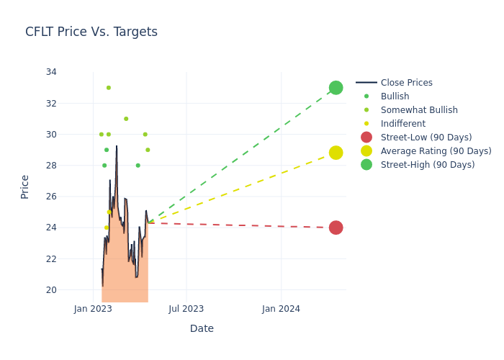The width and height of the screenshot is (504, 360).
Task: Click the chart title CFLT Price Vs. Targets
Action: coord(91,32)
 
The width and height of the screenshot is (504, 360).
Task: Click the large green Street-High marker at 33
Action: coord(336,88)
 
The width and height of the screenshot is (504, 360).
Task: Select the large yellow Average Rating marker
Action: coord(336,153)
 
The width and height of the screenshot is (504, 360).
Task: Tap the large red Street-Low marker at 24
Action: coord(336,228)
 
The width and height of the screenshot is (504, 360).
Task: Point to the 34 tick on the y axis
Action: coord(51,72)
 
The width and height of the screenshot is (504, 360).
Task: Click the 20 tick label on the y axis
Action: coord(51,290)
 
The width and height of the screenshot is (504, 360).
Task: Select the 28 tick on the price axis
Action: coord(51,166)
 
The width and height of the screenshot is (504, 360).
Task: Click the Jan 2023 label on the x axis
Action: coord(93,309)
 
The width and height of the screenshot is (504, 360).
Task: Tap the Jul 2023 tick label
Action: coord(186,309)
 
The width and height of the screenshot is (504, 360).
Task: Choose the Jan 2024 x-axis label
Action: coord(281,309)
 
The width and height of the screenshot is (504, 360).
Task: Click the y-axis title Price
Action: coord(25,186)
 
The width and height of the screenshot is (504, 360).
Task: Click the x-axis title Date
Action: coord(202,329)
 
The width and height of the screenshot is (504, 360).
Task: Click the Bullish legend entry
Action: coord(395,96)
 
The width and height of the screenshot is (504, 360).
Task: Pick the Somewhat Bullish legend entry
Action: coord(419,110)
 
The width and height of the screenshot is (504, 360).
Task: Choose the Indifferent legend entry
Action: coord(402,124)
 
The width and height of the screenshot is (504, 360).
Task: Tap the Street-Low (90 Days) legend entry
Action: coord(426,138)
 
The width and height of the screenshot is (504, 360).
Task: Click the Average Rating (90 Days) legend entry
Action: coord(436,151)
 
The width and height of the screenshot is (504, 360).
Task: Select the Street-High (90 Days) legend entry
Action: coord(427,165)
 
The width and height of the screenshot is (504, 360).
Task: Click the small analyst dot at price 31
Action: coord(126,119)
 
